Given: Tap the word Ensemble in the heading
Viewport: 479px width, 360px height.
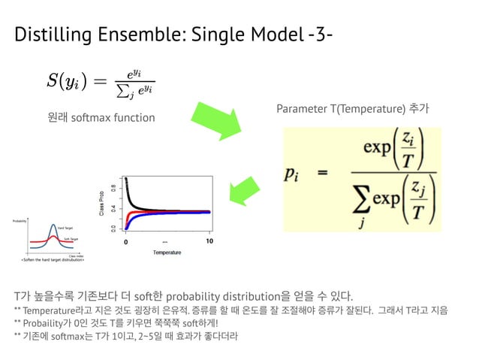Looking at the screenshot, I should (148, 35).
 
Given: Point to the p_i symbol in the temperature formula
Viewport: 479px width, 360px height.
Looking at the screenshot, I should (297, 174).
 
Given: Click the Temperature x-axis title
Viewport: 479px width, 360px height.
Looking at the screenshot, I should (167, 253).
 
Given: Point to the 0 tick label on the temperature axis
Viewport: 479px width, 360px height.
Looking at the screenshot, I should (127, 242).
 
